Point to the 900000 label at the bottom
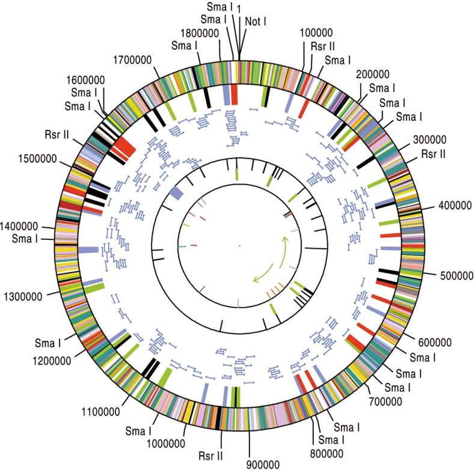[263, 463]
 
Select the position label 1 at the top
[239, 7]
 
